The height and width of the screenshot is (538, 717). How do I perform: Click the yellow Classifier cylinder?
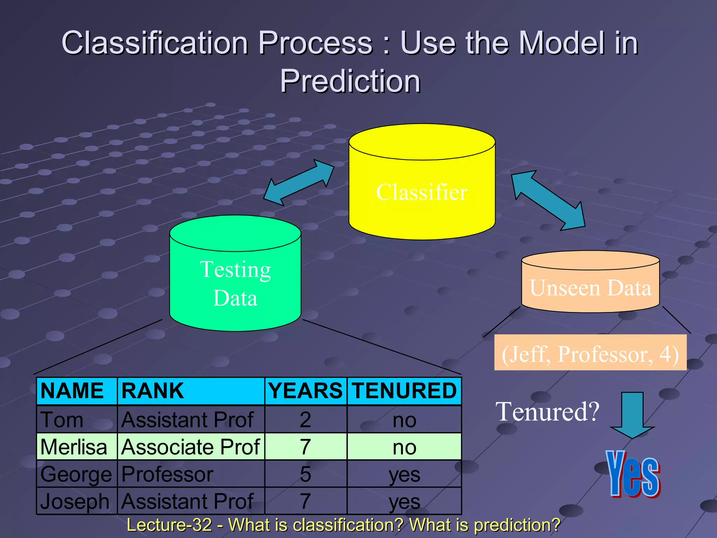[x=422, y=193]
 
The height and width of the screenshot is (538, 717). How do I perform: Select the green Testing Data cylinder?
[x=235, y=284]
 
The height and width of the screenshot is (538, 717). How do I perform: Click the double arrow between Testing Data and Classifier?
[x=299, y=182]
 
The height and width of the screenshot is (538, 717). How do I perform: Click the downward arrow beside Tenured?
[x=632, y=415]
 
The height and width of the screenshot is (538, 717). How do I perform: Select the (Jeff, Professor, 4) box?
[x=590, y=353]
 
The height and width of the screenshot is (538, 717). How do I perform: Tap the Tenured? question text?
[x=548, y=412]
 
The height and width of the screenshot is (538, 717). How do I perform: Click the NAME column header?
[x=72, y=391]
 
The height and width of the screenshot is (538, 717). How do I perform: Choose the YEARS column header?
[x=305, y=391]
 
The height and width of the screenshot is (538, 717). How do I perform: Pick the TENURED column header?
[x=404, y=391]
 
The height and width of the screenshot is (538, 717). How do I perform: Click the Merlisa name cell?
[x=74, y=447]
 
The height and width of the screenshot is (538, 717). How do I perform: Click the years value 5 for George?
[x=305, y=474]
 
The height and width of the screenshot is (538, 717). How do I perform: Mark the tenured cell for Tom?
[x=404, y=420]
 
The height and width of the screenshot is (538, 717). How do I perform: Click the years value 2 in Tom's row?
[x=305, y=420]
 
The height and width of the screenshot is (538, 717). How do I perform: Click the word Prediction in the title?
[x=350, y=81]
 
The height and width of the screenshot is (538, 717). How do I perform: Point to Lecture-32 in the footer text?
[x=169, y=525]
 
